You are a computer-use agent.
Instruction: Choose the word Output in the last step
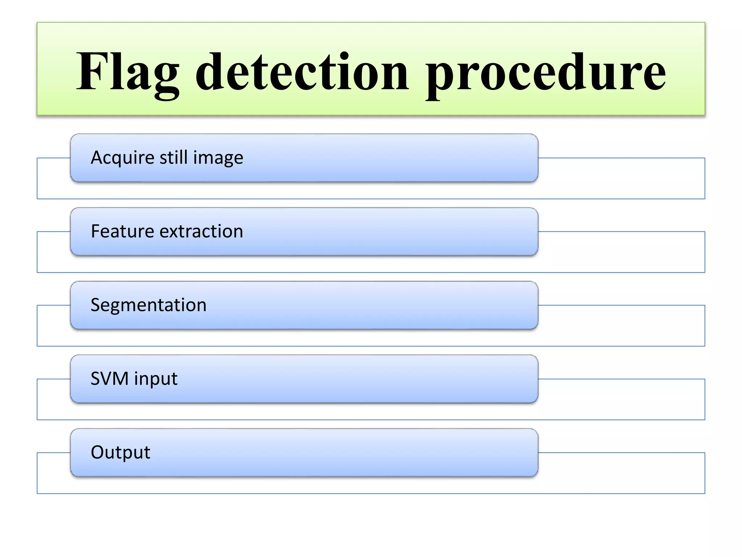[120, 452]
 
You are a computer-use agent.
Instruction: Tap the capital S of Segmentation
[95, 305]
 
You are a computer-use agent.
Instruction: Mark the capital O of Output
[97, 452]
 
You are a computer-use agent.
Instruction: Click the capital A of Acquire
[97, 158]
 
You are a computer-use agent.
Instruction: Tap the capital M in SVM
[120, 379]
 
